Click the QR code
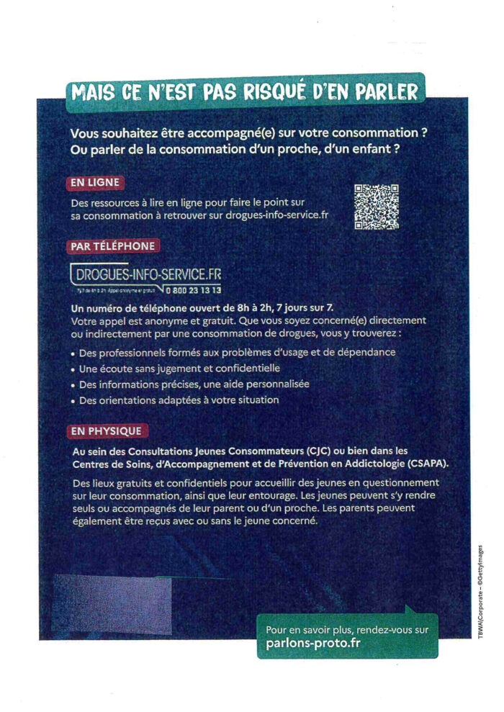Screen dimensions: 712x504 (x=376, y=207)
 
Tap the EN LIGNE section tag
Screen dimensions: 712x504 (x=94, y=183)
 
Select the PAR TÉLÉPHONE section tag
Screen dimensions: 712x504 (x=113, y=246)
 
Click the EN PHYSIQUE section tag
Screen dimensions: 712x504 (x=107, y=431)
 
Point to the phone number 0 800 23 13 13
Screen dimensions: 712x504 (x=193, y=291)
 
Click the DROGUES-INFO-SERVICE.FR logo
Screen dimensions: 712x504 (x=147, y=275)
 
